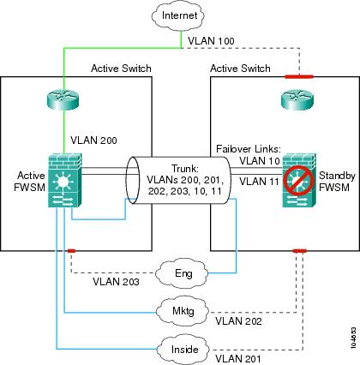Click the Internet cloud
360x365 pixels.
point(178,15)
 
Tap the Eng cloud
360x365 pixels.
point(183,273)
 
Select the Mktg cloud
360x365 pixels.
point(183,311)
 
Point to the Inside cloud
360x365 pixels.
point(183,349)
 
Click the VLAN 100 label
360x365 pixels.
point(211,41)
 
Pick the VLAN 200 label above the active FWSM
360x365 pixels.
point(93,141)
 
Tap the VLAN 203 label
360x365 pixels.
point(116,282)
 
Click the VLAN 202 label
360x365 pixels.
point(238,321)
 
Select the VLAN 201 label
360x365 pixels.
point(238,358)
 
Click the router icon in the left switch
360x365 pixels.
point(63,99)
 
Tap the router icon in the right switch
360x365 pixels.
point(297,99)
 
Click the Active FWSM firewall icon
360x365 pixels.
point(65,180)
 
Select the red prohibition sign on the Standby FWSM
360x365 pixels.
point(297,180)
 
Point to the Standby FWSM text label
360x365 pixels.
point(337,182)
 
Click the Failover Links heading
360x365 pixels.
point(249,149)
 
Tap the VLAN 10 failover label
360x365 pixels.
point(260,161)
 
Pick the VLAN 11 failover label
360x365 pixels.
point(259,181)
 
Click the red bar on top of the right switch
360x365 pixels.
point(299,76)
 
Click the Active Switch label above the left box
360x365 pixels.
point(121,69)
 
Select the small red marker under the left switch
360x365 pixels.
point(71,251)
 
